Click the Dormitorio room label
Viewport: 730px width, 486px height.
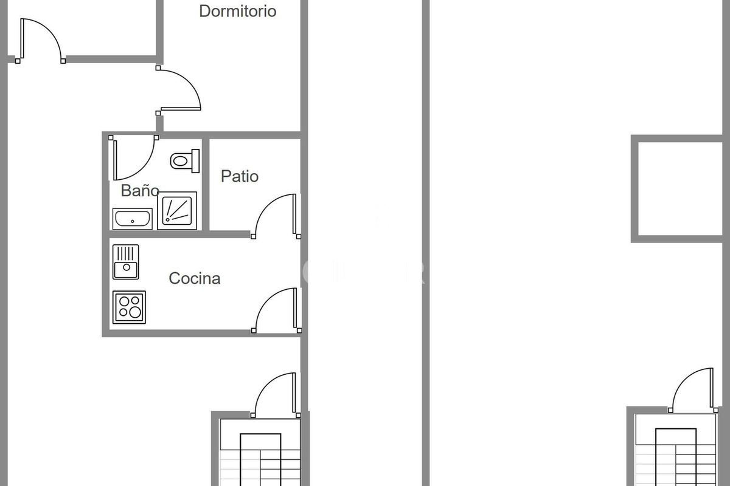point(238,11)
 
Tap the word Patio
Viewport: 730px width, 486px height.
point(240,176)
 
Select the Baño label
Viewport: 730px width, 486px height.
point(140,190)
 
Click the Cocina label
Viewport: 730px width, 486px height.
point(195,278)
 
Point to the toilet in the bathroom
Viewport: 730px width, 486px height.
point(185,161)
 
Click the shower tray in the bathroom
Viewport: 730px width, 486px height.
point(177,211)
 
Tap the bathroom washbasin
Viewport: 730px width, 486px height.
point(133,219)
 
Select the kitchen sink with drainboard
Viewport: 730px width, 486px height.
point(126,262)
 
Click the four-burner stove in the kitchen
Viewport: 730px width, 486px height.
point(129,307)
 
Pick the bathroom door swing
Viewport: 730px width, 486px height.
point(134,158)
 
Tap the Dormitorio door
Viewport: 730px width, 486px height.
point(178,91)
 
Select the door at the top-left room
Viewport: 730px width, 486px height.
point(40,41)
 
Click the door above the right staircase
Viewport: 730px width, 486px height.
point(693,390)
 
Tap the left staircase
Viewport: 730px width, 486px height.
point(260,453)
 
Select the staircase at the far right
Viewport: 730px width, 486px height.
point(676,450)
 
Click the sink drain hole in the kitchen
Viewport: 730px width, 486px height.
point(127,267)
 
